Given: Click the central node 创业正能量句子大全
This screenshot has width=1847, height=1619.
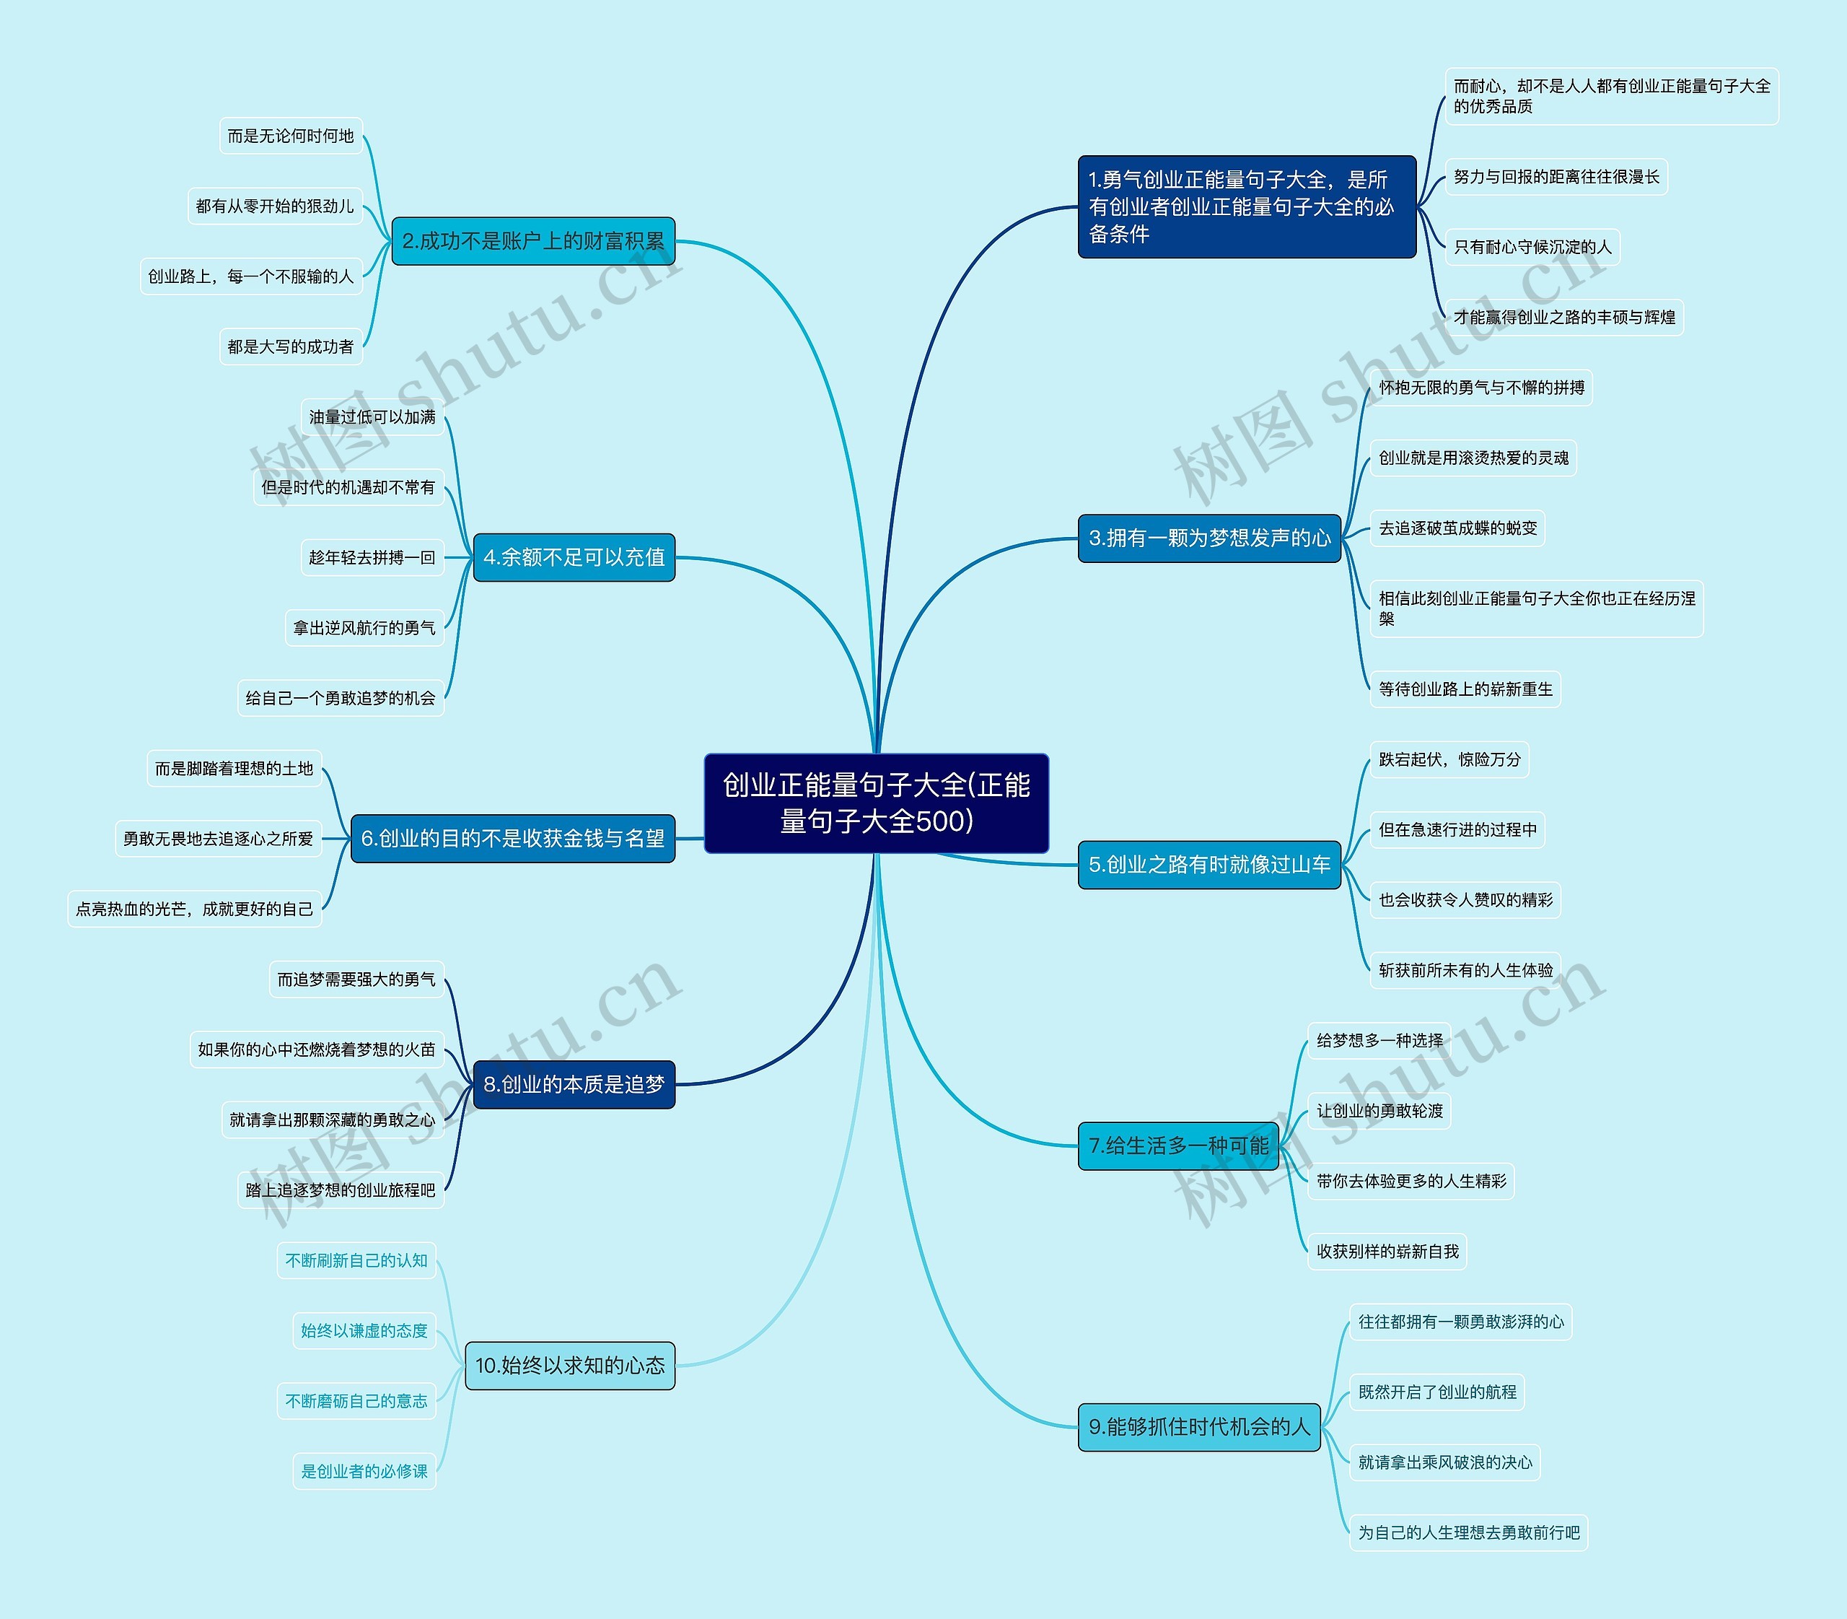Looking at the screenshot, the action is [876, 803].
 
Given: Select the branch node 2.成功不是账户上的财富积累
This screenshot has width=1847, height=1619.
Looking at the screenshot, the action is [533, 241].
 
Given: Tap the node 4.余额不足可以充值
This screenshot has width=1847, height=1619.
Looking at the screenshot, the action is [574, 557].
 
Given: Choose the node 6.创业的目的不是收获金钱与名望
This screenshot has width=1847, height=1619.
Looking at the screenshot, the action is [512, 839].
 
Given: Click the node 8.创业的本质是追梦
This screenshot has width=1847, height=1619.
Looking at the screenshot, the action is [574, 1084].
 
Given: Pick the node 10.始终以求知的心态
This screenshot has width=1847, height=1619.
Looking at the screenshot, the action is [569, 1365].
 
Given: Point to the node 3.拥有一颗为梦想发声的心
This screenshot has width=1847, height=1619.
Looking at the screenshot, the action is [1209, 538].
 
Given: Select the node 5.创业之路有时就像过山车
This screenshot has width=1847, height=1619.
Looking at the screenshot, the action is [1209, 865].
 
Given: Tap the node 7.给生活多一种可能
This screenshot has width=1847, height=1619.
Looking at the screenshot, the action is [1179, 1145].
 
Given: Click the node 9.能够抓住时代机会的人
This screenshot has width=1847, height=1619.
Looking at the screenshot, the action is [1199, 1426].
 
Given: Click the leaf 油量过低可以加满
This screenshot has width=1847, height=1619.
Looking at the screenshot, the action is [372, 416].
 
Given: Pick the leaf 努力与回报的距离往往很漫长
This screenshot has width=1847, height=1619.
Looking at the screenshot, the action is [1556, 177].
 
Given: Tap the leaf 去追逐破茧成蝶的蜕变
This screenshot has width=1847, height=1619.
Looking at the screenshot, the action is [1457, 528].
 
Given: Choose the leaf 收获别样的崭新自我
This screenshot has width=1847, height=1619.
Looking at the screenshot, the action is [1387, 1252].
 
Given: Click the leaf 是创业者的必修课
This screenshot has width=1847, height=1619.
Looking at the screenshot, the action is [364, 1472].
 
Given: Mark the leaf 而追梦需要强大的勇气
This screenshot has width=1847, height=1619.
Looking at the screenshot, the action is [356, 979].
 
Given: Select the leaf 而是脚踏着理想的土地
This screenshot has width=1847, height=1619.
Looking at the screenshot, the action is [234, 769].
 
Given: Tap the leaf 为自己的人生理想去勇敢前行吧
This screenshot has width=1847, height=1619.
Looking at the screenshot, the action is [1468, 1532].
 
